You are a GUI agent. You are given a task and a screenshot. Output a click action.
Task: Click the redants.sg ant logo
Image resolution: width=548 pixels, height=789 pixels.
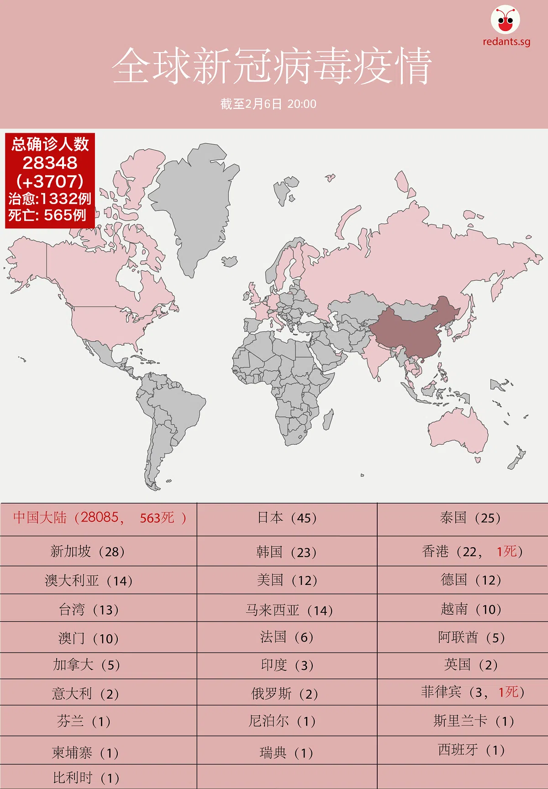pyautogui.click(x=506, y=21)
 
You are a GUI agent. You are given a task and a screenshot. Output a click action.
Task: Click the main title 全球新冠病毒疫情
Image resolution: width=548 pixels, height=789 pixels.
pyautogui.click(x=272, y=66)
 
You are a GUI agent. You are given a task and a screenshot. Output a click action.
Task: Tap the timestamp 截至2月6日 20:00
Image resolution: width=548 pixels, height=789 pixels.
pyautogui.click(x=269, y=104)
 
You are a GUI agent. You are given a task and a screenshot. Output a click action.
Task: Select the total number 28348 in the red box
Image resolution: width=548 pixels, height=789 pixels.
pyautogui.click(x=50, y=163)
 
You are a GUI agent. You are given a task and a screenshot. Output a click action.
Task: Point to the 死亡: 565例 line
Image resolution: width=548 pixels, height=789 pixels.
pyautogui.click(x=47, y=215)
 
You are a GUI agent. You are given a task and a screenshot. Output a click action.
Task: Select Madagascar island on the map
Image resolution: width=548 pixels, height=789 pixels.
pyautogui.click(x=328, y=419)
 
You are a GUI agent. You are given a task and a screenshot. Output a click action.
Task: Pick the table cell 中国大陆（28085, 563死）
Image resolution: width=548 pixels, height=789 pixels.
pyautogui.click(x=99, y=518)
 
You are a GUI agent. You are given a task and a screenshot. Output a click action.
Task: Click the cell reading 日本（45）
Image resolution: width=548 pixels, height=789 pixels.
pyautogui.click(x=287, y=518)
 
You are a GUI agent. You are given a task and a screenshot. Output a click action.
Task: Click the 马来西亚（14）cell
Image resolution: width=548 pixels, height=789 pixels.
pyautogui.click(x=289, y=610)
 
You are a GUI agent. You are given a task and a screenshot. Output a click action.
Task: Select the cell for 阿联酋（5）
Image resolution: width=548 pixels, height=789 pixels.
pyautogui.click(x=471, y=637)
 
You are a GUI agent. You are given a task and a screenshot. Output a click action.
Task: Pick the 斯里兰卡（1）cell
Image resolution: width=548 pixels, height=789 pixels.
pyautogui.click(x=473, y=721)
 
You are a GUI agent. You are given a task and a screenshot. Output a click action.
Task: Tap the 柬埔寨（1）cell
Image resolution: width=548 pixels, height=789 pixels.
pyautogui.click(x=85, y=752)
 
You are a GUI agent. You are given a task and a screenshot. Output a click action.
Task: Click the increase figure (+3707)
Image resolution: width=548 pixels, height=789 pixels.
pyautogui.click(x=50, y=182)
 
